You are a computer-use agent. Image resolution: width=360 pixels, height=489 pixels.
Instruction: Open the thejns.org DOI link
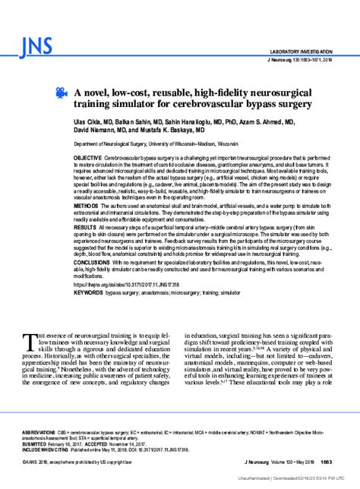pos(130,284)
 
